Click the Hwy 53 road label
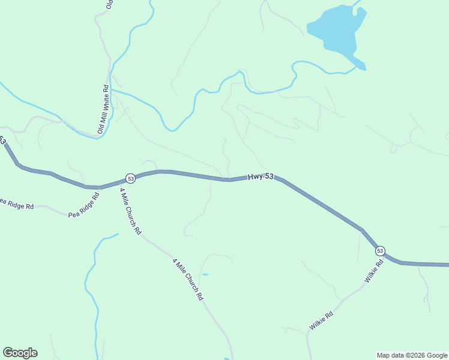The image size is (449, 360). pyautogui.click(x=261, y=176)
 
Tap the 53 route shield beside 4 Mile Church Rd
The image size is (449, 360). pyautogui.click(x=130, y=178)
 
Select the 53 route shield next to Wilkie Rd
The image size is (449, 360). pyautogui.click(x=380, y=250)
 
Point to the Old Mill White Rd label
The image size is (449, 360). pyautogui.click(x=102, y=109)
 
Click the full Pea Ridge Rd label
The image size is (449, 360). pyautogui.click(x=84, y=205)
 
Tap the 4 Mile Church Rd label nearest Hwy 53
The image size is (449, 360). pyautogui.click(x=130, y=211)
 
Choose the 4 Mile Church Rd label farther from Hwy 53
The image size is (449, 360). pyautogui.click(x=188, y=280)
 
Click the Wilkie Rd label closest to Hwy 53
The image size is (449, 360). pyautogui.click(x=373, y=272)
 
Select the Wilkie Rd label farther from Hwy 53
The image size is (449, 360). pyautogui.click(x=321, y=320)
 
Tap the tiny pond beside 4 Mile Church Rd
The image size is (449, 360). pyautogui.click(x=205, y=274)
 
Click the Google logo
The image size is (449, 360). pyautogui.click(x=20, y=353)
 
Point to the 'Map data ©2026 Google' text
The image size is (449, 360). pyautogui.click(x=411, y=355)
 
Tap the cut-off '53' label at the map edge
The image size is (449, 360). pyautogui.click(x=2, y=141)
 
